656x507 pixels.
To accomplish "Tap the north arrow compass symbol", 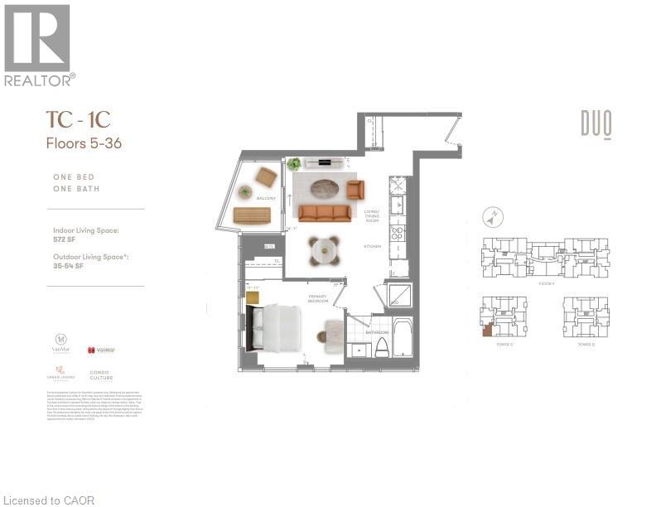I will [492, 218].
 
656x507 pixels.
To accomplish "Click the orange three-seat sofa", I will [326, 213].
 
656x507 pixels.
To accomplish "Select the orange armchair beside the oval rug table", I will [355, 190].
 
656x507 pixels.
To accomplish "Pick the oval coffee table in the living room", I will [320, 187].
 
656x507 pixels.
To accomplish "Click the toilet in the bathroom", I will [382, 346].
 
